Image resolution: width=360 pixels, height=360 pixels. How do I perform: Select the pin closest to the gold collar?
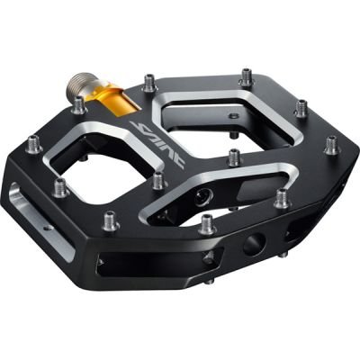pyautogui.click(x=79, y=105)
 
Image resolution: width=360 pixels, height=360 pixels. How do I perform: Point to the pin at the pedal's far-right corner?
pyautogui.click(x=332, y=144)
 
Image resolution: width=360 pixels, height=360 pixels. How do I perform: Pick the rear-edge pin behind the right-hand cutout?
pyautogui.click(x=246, y=77)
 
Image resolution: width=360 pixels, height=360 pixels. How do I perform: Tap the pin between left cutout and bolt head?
pyautogui.click(x=157, y=180)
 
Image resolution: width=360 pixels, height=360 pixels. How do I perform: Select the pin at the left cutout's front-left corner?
pyautogui.click(x=62, y=188)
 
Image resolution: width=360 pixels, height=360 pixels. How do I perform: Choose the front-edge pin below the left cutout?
pyautogui.click(x=111, y=219)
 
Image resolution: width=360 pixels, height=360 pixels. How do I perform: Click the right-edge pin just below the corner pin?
pyautogui.click(x=281, y=197)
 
